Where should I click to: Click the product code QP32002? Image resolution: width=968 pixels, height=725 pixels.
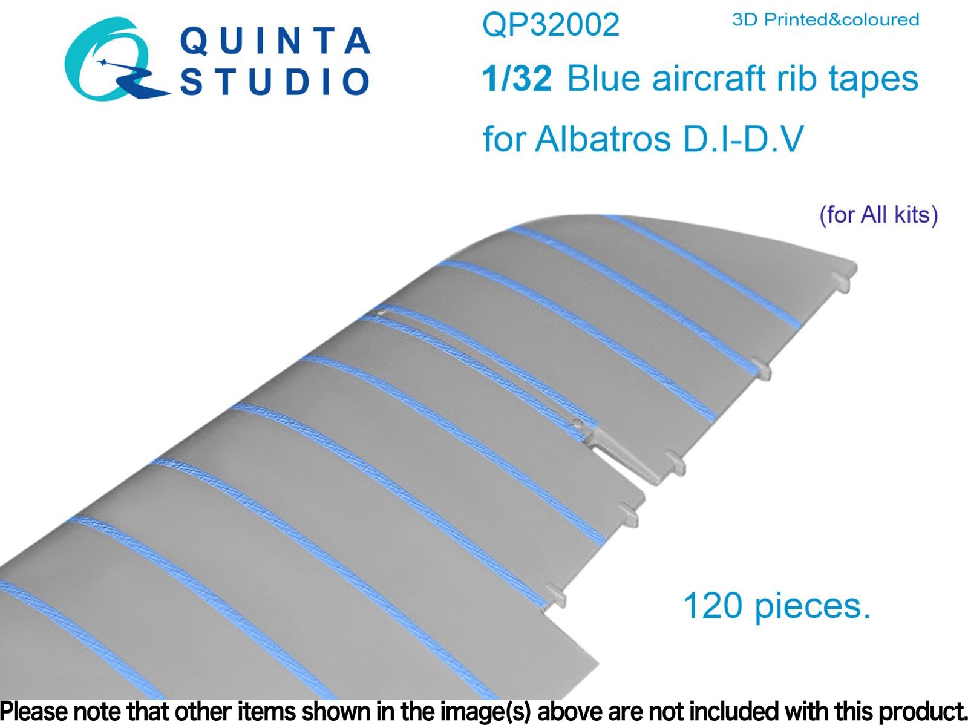[x=551, y=25]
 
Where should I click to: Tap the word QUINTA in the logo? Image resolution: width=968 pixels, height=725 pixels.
[x=275, y=41]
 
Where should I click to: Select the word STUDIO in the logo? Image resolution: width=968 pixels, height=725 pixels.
[x=275, y=81]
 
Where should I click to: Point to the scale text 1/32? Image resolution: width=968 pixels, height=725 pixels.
[x=517, y=79]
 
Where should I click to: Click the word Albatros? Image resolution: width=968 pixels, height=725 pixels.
[x=603, y=139]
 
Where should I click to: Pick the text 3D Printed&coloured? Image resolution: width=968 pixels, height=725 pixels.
[x=826, y=20]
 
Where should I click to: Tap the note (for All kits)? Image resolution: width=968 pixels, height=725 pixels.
[x=878, y=215]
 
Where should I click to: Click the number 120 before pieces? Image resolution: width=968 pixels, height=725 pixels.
[x=713, y=606]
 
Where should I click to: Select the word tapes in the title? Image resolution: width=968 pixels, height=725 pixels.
[x=873, y=80]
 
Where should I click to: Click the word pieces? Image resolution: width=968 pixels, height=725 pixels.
[x=813, y=608]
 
